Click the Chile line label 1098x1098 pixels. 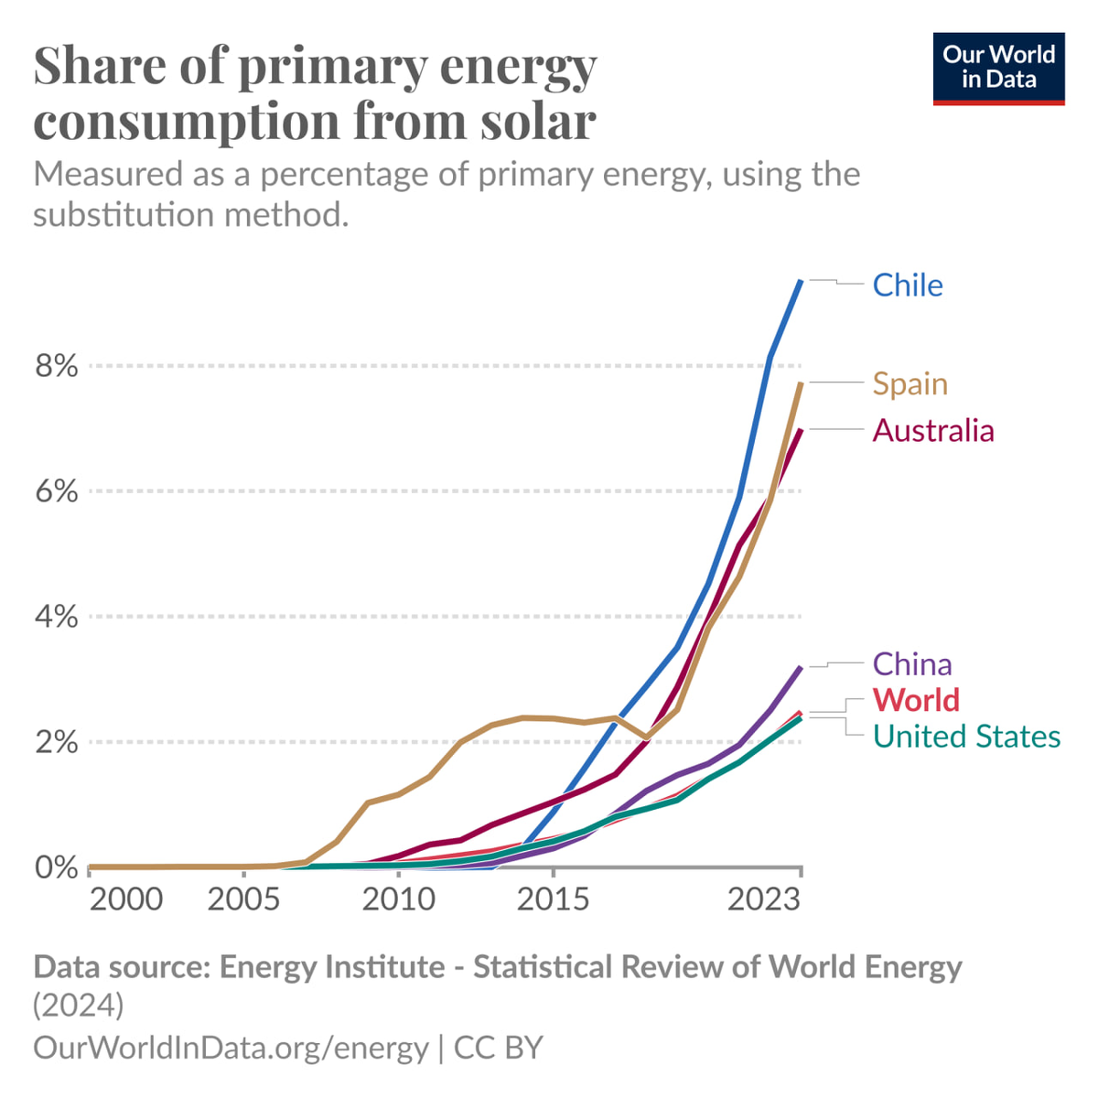pos(907,285)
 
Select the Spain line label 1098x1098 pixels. pos(910,383)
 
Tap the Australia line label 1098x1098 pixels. pos(932,430)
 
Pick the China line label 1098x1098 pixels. pos(911,663)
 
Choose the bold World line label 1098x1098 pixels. pos(916,700)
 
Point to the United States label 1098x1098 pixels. pos(966,736)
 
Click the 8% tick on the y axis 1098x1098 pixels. pos(57,366)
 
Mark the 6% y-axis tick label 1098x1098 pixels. pos(57,491)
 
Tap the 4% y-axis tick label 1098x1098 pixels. pos(57,617)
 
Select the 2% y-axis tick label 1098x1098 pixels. pos(57,742)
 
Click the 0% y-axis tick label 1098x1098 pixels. pos(57,867)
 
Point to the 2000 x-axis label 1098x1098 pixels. pos(126,899)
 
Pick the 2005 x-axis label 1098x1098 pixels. pos(243,899)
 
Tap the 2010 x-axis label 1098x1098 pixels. pos(398,899)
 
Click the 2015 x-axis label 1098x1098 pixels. pos(553,899)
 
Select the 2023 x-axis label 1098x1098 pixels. pos(764,899)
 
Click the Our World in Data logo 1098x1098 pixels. pos(998,69)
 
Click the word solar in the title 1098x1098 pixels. pos(538,120)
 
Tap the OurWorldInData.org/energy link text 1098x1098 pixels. pos(231,1047)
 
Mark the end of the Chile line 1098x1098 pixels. pos(801,281)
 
